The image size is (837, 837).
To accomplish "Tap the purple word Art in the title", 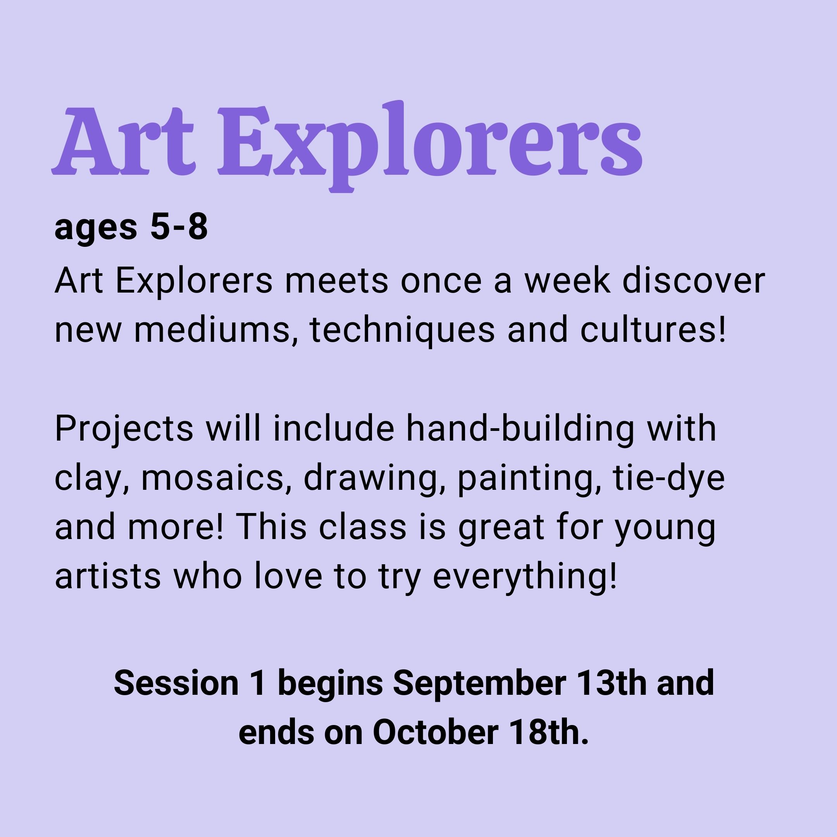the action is pyautogui.click(x=124, y=141).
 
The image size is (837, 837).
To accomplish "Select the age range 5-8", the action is pyautogui.click(x=179, y=227).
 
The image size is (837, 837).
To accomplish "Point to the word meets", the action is pyautogui.click(x=336, y=280).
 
